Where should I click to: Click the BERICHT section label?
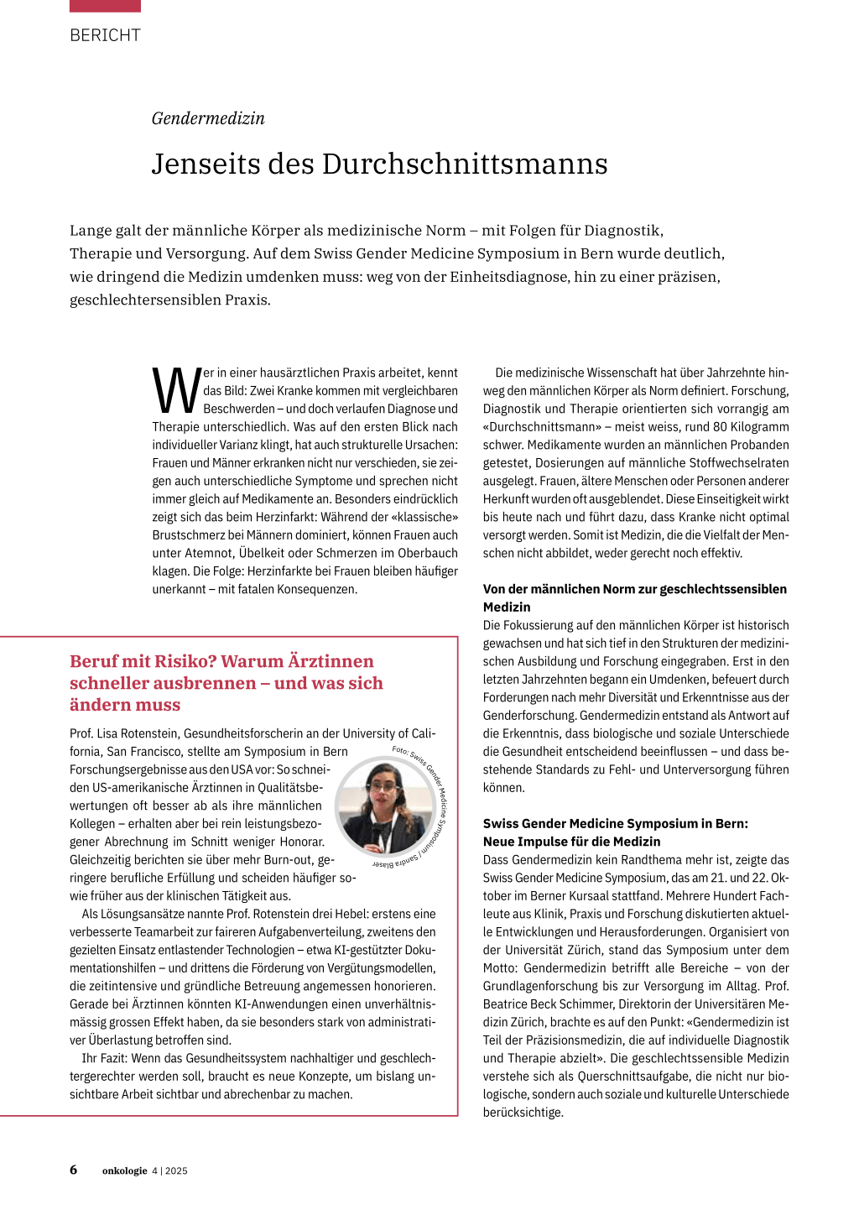105,35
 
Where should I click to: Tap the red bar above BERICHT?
105,6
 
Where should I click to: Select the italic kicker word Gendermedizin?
208,118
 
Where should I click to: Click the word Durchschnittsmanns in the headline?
465,164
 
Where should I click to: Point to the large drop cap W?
176,391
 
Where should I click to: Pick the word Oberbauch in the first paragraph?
429,553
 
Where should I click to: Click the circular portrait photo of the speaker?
385,806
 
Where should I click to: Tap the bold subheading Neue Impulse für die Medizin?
571,842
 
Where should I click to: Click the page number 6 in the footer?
74,1170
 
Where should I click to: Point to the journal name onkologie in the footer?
124,1171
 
